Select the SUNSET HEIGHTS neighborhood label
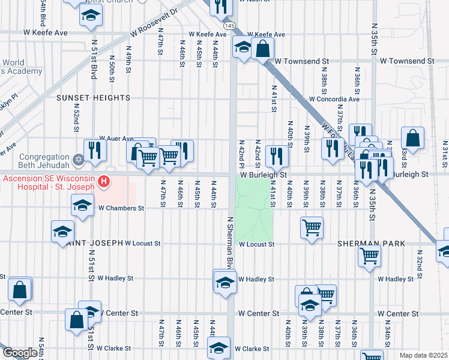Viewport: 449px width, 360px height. [93, 98]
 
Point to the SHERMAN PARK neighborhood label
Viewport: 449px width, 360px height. [371, 244]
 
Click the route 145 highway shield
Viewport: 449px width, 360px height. [231, 26]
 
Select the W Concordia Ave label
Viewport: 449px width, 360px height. [334, 99]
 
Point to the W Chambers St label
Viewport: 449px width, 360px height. [121, 208]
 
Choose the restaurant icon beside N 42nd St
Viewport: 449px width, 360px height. [277, 155]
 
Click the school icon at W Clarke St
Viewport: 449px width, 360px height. [218, 347]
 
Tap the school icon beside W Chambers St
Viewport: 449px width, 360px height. [82, 206]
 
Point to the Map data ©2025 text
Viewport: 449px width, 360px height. [423, 355]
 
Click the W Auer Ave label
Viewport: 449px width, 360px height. [116, 139]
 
